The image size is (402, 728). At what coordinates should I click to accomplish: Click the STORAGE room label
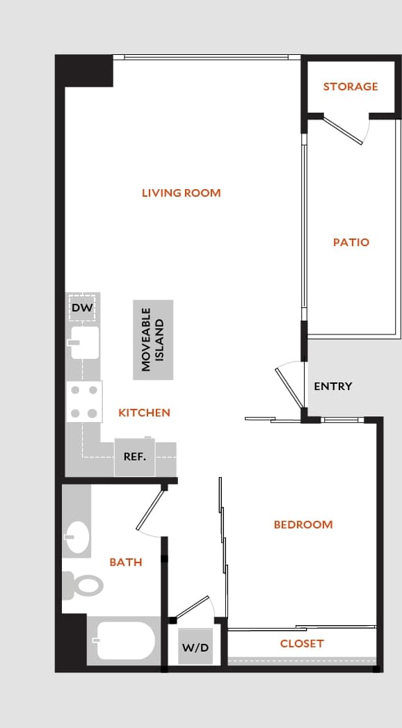click(x=351, y=86)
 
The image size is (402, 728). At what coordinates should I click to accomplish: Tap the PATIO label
click(x=351, y=243)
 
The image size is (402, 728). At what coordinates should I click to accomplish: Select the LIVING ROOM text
click(x=181, y=193)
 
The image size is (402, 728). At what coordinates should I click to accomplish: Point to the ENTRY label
click(x=332, y=387)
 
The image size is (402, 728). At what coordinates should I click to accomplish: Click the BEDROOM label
click(x=303, y=524)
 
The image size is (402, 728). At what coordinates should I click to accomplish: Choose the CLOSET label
click(x=302, y=644)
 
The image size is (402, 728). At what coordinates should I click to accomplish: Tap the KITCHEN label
click(x=144, y=413)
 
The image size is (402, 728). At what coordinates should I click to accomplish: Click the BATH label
click(x=126, y=562)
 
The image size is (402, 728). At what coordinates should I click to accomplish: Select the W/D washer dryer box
click(x=195, y=647)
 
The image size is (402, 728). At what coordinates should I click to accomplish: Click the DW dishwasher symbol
click(x=82, y=307)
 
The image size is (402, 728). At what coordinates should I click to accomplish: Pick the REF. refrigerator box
click(x=134, y=457)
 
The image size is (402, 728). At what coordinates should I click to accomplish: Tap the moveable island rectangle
click(x=153, y=340)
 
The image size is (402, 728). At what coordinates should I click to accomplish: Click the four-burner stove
click(x=84, y=402)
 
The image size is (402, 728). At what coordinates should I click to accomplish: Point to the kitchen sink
click(x=84, y=343)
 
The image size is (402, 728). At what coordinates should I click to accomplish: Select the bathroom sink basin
click(x=77, y=536)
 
